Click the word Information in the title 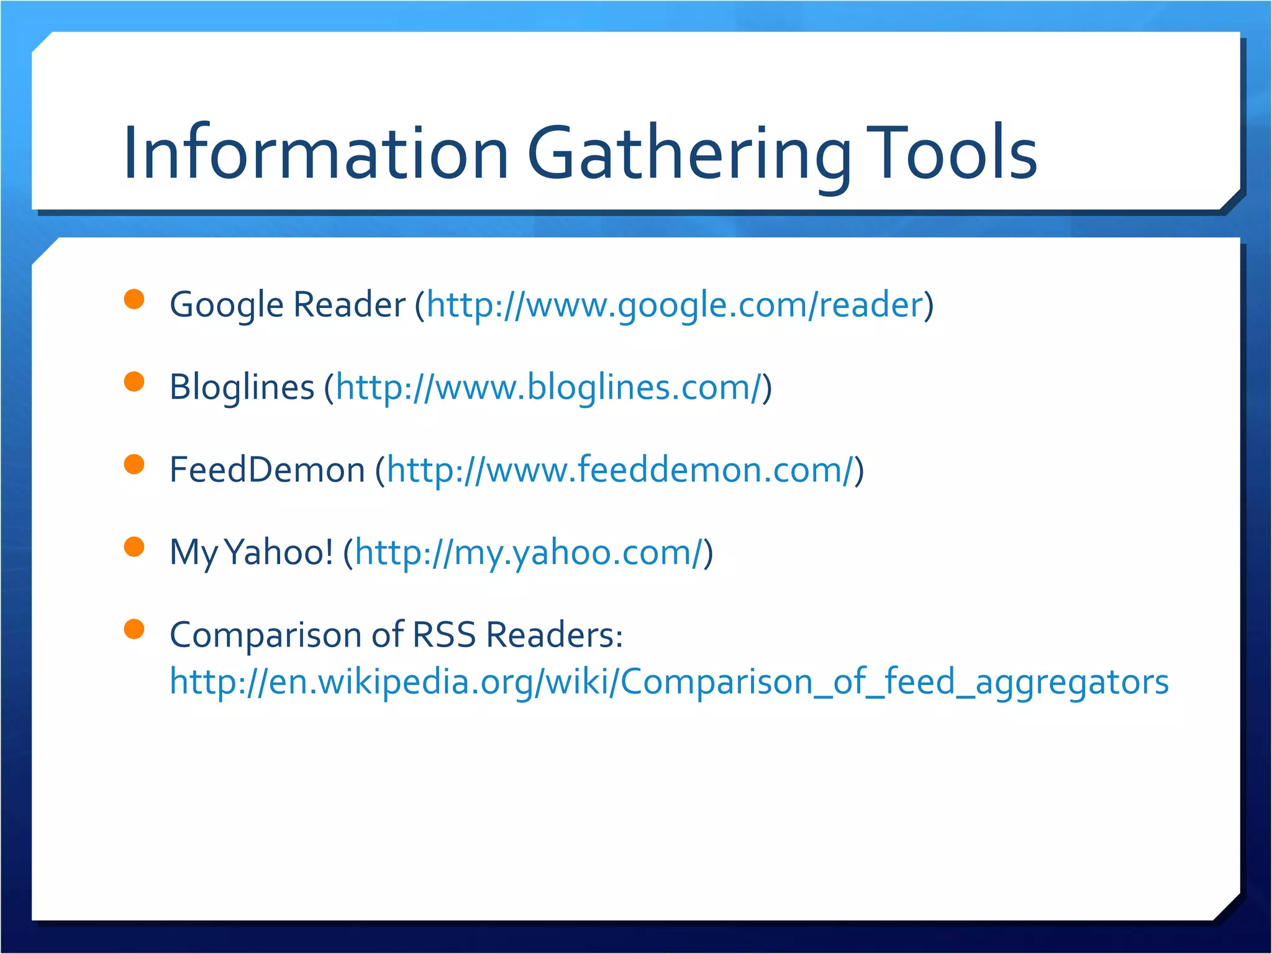316,153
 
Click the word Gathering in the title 688,154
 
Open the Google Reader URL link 675,305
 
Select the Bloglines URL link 548,388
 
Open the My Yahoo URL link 529,553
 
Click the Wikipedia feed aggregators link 669,681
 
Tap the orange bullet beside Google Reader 134,299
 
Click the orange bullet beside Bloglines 134,381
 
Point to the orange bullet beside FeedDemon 134,464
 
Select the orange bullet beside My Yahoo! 134,547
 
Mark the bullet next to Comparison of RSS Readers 134,629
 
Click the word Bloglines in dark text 242,388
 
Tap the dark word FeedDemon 267,470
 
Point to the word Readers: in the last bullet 554,635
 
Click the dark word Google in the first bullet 226,305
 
